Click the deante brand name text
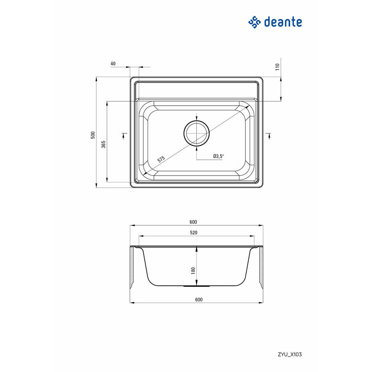click(x=283, y=22)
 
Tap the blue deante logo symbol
click(x=254, y=22)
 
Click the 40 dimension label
click(x=113, y=64)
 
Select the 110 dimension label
click(x=278, y=67)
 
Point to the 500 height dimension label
click(x=93, y=135)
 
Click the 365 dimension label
click(x=103, y=144)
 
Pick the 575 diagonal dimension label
click(x=161, y=159)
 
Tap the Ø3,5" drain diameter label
click(x=218, y=156)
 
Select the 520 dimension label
click(x=193, y=232)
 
